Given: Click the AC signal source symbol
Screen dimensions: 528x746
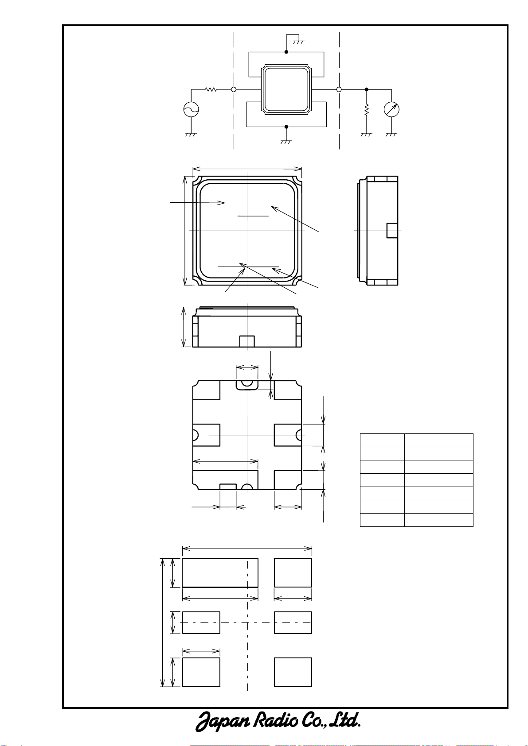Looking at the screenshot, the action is tap(191, 109).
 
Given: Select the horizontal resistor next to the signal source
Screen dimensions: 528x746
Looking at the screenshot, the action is tap(211, 89).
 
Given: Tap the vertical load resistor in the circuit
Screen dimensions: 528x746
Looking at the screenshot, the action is tap(366, 110).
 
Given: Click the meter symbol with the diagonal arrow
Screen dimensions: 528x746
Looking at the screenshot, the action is tap(391, 109).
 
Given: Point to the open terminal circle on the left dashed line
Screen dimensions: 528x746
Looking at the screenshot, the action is tap(234, 89).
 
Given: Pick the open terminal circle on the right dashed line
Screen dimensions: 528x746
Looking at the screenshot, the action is tap(339, 89).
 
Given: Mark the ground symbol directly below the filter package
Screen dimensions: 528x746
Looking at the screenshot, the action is tap(286, 142).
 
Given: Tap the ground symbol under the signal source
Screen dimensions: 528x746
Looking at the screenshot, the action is tap(191, 135).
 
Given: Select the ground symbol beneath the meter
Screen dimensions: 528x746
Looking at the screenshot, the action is tap(391, 135).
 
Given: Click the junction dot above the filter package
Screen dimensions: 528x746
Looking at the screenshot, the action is tap(286, 52).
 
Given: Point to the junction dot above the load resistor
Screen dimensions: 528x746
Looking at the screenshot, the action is tap(366, 89).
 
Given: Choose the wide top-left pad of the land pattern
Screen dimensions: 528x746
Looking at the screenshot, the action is tap(220, 572).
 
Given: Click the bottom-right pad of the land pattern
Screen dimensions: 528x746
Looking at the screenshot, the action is tap(293, 672).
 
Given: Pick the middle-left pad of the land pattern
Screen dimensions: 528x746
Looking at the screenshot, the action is tap(201, 622).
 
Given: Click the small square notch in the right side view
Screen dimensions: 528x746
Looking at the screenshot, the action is tap(392, 231).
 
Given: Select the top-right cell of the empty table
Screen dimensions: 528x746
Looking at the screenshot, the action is tap(438, 440).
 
